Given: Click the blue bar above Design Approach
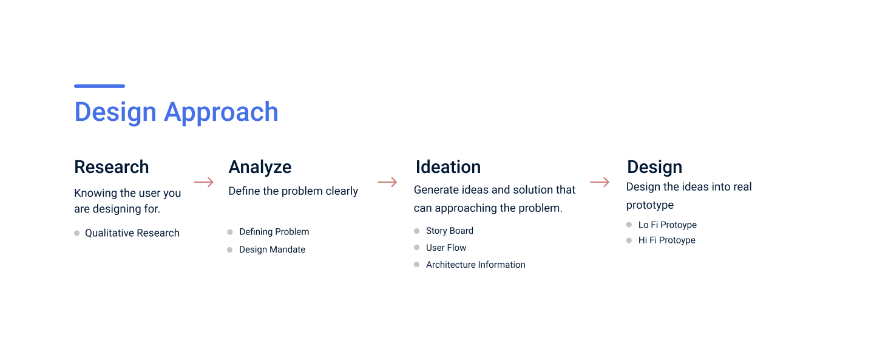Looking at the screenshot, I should click(100, 86).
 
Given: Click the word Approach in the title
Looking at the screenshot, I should click(221, 112).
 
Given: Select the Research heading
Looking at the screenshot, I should click(111, 167).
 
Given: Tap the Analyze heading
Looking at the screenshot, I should click(260, 167).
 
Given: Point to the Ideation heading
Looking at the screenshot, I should click(448, 167).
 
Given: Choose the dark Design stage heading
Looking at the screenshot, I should click(654, 167).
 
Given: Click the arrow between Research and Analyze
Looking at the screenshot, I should click(204, 182).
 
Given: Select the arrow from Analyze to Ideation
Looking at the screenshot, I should click(387, 182).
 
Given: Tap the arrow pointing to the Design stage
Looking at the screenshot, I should click(600, 182).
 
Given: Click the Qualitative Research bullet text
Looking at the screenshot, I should click(132, 233).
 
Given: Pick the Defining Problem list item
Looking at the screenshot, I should click(274, 232).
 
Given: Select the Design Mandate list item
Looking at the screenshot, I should click(272, 250).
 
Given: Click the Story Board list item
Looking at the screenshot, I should click(449, 231).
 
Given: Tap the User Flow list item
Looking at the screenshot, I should click(446, 248).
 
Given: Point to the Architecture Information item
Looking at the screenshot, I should click(475, 265).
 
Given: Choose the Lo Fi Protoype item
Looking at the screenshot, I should click(667, 225).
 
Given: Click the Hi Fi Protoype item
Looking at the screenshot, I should click(666, 240).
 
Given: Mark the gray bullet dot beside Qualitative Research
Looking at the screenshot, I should click(77, 233).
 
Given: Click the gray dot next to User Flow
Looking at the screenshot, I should click(417, 248).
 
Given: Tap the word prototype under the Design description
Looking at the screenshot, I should click(649, 205).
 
